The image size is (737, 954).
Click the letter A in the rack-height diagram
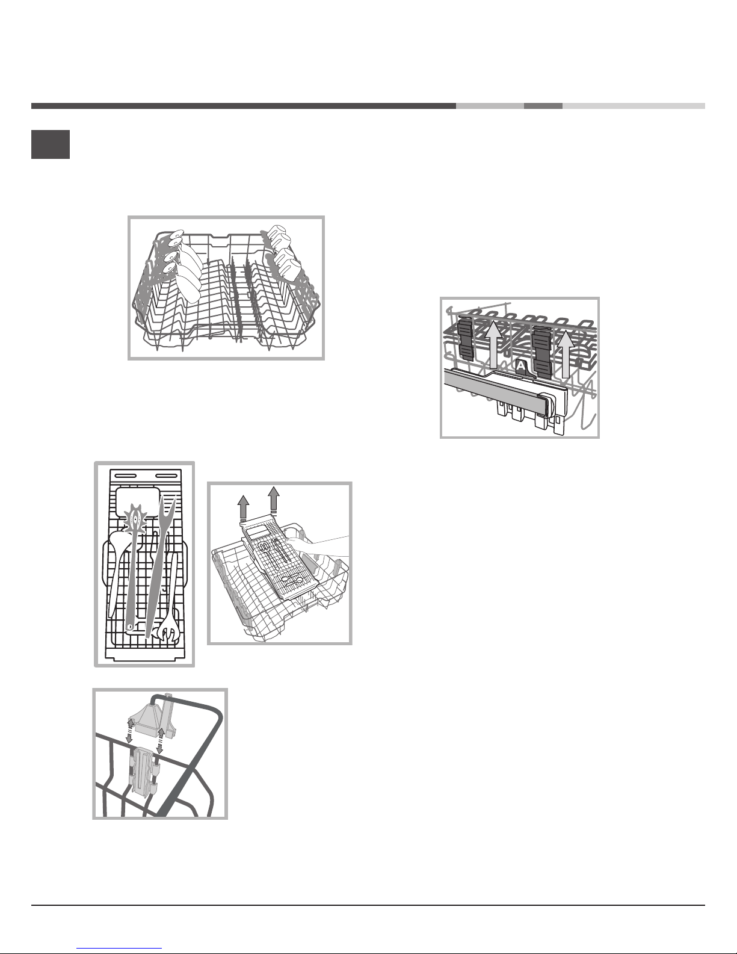coord(521,365)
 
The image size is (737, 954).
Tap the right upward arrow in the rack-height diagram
coord(566,355)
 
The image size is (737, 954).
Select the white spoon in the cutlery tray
coord(117,566)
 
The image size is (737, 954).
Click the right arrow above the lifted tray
coord(274,499)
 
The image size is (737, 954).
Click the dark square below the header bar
coord(51,144)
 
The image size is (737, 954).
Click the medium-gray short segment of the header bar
coord(543,106)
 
